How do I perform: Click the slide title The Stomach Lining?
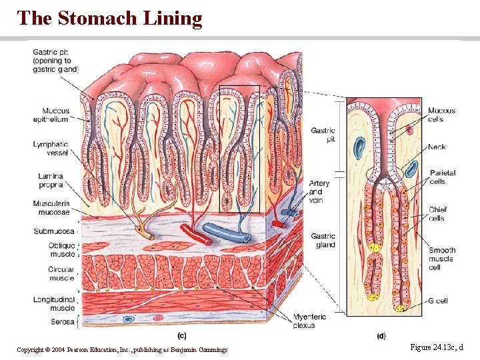click(x=109, y=18)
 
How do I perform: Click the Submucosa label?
click(x=54, y=231)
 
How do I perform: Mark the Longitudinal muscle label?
click(x=54, y=303)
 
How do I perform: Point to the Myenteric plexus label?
click(x=311, y=321)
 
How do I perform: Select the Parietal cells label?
click(x=442, y=177)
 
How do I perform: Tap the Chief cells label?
click(x=437, y=213)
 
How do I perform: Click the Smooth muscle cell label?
click(x=441, y=259)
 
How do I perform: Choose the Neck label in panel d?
click(x=437, y=147)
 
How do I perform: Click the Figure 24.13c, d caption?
click(x=437, y=348)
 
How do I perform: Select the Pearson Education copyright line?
click(x=122, y=350)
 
